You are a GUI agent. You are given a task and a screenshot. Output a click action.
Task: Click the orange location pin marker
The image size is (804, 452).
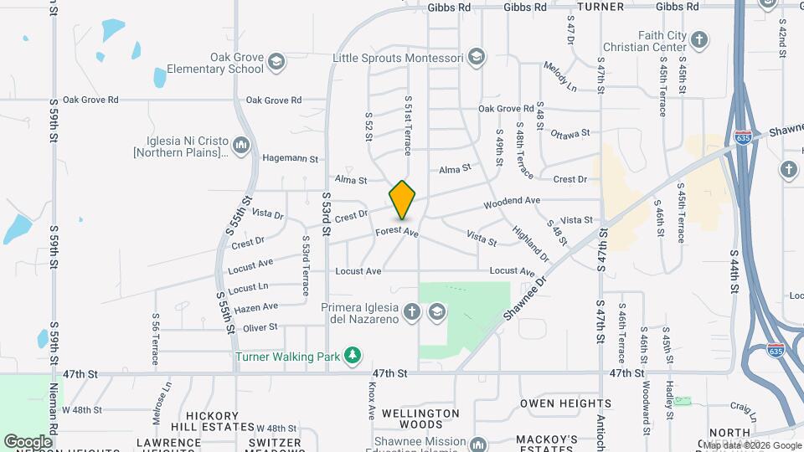coord(403,200)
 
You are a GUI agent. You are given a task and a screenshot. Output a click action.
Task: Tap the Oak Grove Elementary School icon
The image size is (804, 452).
coord(276,62)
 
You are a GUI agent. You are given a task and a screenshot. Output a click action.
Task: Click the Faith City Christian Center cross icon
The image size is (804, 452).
coord(698,39)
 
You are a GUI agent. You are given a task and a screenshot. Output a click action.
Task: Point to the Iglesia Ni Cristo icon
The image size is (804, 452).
coord(242,146)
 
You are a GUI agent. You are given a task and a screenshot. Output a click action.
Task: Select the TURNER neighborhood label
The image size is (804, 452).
coord(600,7)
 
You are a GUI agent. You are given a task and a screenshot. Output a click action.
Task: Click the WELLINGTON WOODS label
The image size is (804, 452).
coord(420,419)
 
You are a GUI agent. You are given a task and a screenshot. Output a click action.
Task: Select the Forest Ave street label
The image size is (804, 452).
coord(397,232)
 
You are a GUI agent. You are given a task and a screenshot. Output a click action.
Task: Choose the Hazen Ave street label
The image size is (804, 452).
coord(255,308)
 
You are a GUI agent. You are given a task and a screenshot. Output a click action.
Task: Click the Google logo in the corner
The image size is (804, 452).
coord(28,441)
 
